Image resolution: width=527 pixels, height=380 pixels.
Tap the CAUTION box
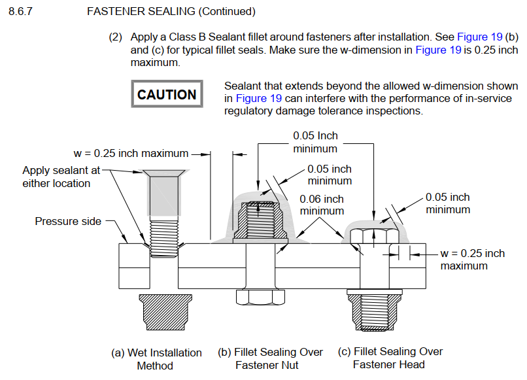(x=167, y=94)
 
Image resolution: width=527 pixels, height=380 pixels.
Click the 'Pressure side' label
(x=68, y=221)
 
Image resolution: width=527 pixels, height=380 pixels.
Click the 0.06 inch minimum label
(x=322, y=205)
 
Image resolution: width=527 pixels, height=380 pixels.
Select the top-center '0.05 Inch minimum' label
(x=315, y=142)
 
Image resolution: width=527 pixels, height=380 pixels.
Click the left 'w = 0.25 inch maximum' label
(x=131, y=154)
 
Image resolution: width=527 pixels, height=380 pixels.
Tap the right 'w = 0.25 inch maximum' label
(x=472, y=259)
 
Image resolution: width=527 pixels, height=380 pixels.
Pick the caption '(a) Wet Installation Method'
(x=155, y=358)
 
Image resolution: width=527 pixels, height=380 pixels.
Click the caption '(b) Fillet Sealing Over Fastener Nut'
(x=270, y=358)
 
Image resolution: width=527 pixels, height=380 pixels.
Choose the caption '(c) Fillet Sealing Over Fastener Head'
(x=390, y=358)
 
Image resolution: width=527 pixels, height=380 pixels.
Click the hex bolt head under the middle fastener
(x=259, y=298)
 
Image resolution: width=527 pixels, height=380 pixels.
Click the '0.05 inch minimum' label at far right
(x=448, y=203)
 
